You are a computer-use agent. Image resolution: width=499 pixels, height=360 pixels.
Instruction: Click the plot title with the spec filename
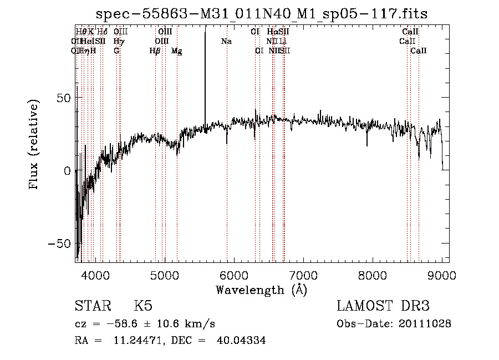(262, 14)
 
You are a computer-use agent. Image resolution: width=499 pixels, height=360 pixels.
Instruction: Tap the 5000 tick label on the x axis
(165, 275)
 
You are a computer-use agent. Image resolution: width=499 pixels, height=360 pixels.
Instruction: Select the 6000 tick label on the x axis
(234, 275)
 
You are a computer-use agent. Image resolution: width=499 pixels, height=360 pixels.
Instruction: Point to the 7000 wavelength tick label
(303, 275)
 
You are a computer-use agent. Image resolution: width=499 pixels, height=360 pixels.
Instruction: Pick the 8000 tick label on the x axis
(373, 275)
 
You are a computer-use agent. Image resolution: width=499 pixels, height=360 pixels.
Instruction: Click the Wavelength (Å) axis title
(261, 290)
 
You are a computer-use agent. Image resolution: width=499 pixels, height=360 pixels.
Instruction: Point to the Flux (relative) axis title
(34, 145)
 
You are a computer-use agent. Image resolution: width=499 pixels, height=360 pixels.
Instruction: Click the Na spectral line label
(226, 41)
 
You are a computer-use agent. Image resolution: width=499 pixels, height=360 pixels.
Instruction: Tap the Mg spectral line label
(176, 51)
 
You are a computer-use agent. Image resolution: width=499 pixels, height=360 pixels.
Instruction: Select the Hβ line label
(155, 50)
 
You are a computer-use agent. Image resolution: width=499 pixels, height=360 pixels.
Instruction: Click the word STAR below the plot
(92, 306)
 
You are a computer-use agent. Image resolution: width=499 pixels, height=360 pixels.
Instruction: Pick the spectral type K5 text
(143, 306)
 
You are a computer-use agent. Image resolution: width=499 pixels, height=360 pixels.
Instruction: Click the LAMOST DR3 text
(383, 306)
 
